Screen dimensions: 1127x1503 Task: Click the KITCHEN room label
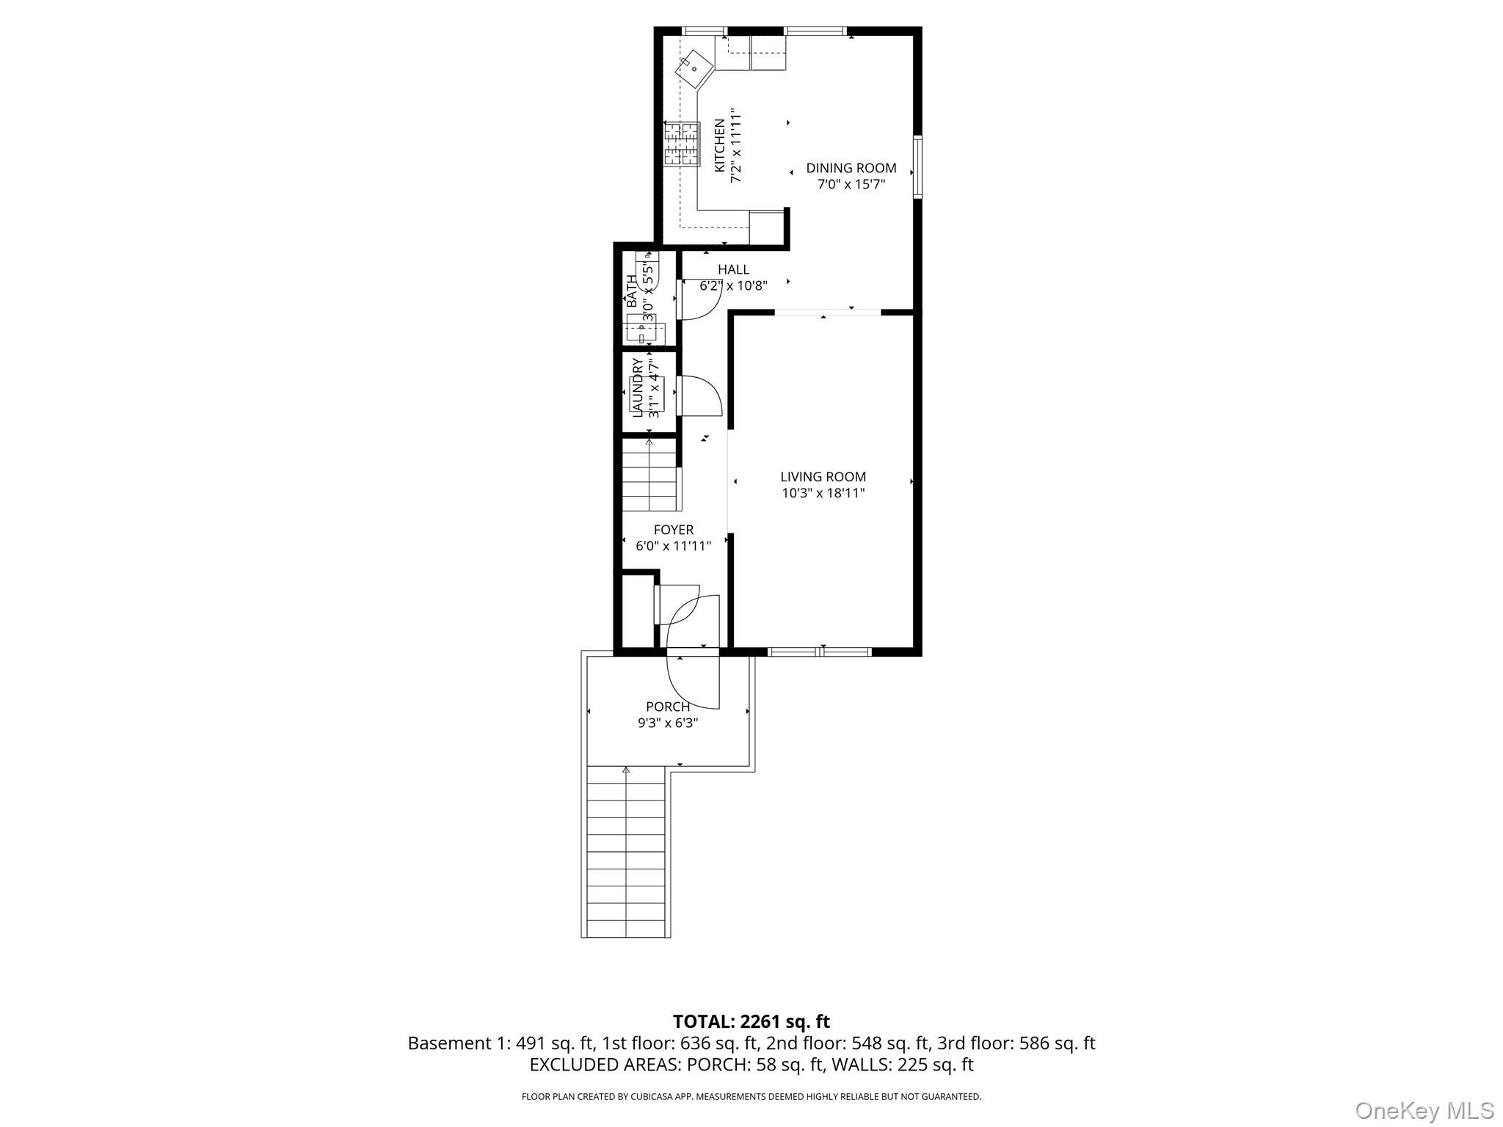click(720, 145)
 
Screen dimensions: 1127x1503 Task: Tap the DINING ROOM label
click(851, 168)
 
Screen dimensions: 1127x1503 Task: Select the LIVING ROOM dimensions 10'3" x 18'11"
click(823, 493)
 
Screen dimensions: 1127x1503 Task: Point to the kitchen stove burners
click(682, 143)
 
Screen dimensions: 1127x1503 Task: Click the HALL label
click(733, 269)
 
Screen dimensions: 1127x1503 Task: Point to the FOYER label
click(673, 530)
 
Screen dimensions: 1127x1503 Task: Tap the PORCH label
click(667, 707)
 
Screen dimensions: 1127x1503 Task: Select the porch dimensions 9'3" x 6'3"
click(667, 723)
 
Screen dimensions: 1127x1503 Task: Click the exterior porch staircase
click(626, 851)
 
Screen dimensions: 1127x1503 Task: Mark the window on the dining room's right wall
click(917, 167)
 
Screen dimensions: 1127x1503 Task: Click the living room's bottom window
click(819, 652)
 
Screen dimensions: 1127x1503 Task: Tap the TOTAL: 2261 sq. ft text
click(751, 1021)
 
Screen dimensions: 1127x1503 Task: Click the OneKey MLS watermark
click(1424, 1110)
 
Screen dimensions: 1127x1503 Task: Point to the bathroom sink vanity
click(646, 332)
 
